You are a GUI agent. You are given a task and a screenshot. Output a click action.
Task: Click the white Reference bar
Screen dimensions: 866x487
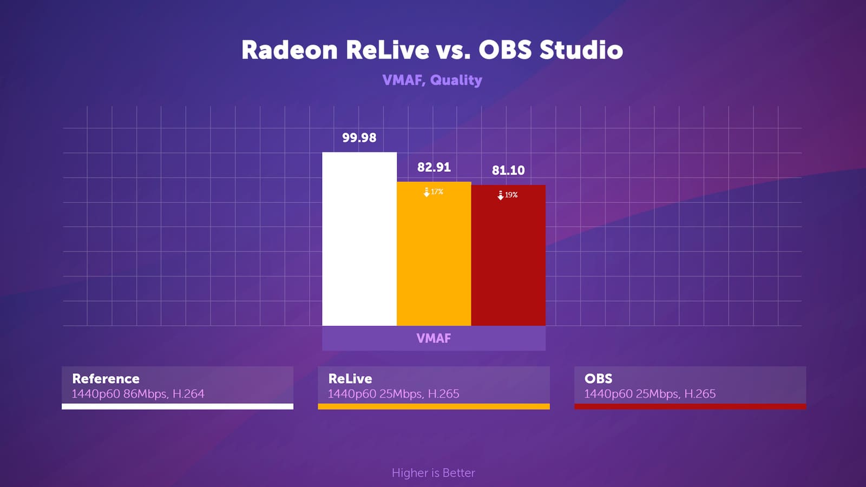(x=359, y=239)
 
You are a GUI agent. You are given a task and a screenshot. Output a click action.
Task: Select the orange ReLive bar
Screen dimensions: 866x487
(x=434, y=254)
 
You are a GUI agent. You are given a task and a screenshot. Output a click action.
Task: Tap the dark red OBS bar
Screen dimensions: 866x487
(x=508, y=255)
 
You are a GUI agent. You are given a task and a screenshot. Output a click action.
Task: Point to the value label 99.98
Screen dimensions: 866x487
(x=359, y=137)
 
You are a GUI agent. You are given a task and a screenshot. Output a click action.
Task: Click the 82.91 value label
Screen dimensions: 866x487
(x=434, y=167)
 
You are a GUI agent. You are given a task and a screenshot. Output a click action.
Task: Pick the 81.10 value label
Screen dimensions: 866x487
(x=508, y=170)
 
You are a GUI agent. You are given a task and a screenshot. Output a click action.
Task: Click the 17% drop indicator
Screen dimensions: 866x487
(x=434, y=192)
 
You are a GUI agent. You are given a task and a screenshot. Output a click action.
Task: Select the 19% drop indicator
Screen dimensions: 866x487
(x=507, y=195)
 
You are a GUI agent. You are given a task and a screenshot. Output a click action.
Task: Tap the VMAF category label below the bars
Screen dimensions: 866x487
(x=434, y=338)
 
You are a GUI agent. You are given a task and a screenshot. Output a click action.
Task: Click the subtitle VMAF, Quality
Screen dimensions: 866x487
(x=432, y=80)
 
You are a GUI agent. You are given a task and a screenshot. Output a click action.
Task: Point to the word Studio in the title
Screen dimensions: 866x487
(x=581, y=50)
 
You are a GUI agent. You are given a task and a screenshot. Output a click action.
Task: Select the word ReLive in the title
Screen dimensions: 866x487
(x=388, y=50)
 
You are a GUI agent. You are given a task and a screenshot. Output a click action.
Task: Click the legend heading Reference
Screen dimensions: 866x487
(x=106, y=378)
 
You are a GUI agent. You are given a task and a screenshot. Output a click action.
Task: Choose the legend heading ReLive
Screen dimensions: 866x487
(x=350, y=378)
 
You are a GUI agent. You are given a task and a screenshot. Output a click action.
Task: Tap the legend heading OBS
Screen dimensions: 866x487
(x=598, y=378)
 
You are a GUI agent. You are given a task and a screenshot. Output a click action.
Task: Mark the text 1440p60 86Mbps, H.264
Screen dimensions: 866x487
(x=137, y=394)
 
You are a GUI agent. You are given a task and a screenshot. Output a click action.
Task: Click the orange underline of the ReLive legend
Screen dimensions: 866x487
(x=434, y=406)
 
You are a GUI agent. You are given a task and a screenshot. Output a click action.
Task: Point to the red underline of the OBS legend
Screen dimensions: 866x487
(x=690, y=406)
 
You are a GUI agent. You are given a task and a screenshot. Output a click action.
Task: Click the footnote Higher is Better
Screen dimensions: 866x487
(x=433, y=473)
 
